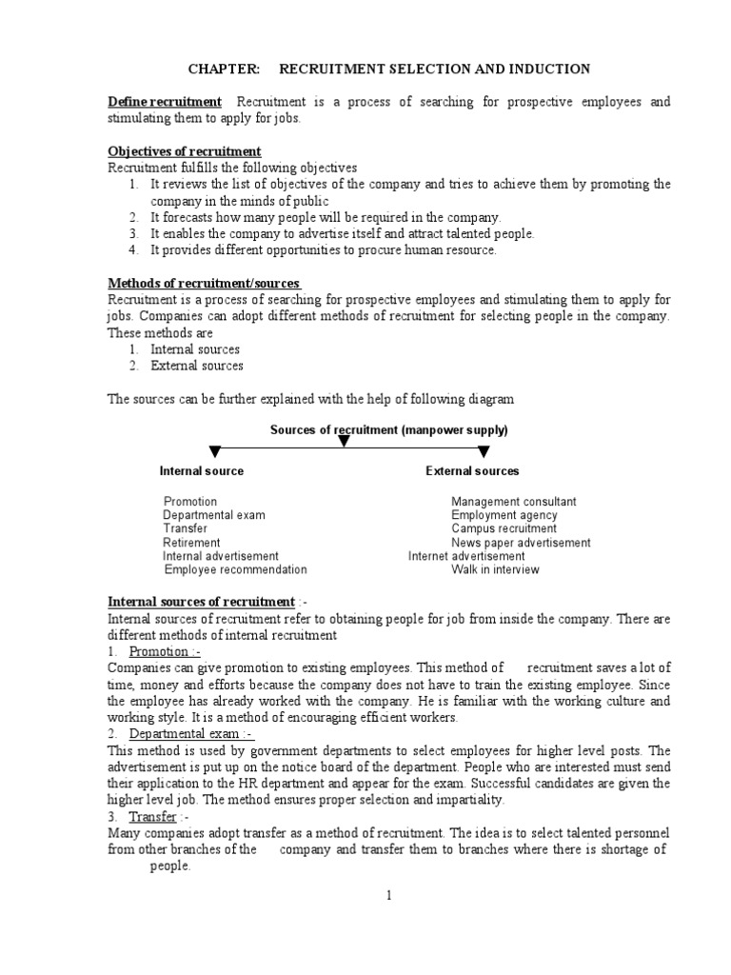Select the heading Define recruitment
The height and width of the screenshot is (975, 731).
pyautogui.click(x=165, y=102)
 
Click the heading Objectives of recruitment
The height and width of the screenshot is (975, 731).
pyautogui.click(x=185, y=151)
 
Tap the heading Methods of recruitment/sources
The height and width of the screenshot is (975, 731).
pyautogui.click(x=205, y=284)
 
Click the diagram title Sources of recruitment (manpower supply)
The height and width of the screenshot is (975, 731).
pyautogui.click(x=388, y=430)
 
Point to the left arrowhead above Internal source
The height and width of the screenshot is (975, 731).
pyautogui.click(x=216, y=450)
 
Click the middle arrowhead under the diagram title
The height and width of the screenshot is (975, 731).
pyautogui.click(x=344, y=441)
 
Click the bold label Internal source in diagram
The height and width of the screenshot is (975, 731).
pyautogui.click(x=201, y=471)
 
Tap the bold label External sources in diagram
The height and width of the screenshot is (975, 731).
pyautogui.click(x=472, y=471)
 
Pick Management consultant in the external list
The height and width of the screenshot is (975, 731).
pyautogui.click(x=513, y=502)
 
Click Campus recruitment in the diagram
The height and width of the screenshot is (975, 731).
pyautogui.click(x=504, y=528)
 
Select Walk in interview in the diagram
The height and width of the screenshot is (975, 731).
pyautogui.click(x=495, y=569)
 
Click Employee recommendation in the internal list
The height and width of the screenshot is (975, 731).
pyautogui.click(x=235, y=569)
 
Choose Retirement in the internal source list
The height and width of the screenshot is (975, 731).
pyautogui.click(x=191, y=543)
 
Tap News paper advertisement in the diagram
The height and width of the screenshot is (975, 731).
pyautogui.click(x=521, y=543)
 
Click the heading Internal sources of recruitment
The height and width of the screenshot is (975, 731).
pyautogui.click(x=202, y=602)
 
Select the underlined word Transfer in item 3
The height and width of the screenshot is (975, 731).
pyautogui.click(x=153, y=817)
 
